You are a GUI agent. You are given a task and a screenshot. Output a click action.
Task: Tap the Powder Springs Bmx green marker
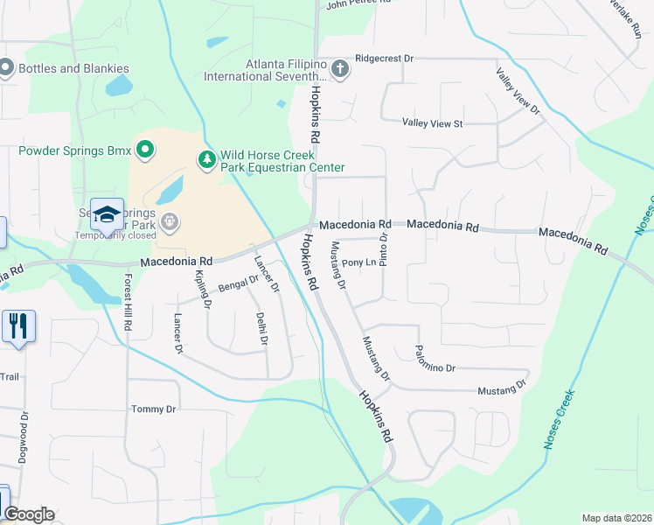tap(144, 150)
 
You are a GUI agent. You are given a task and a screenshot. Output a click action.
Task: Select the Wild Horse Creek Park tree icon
tap(207, 158)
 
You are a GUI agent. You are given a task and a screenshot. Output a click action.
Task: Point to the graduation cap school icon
tap(107, 213)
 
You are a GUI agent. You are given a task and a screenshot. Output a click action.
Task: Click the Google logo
tap(29, 514)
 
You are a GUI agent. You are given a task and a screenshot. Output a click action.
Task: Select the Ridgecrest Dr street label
tap(384, 59)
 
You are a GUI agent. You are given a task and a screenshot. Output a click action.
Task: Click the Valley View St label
tap(432, 124)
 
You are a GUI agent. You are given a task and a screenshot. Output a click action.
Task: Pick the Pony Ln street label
tap(358, 262)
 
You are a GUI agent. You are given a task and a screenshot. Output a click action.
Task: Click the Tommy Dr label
tap(153, 409)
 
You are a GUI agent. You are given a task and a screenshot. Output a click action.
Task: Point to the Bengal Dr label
tap(239, 283)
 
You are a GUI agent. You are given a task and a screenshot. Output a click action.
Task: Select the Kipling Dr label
tap(203, 290)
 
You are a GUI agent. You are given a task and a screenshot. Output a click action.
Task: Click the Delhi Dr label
tap(261, 328)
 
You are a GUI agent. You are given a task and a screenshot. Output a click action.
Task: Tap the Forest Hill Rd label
tap(128, 302)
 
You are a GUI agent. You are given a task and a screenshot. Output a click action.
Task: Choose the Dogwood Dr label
tap(24, 437)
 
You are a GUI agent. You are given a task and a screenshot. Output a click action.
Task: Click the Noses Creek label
tap(560, 419)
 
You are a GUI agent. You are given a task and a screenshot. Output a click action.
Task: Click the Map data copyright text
tap(616, 518)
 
